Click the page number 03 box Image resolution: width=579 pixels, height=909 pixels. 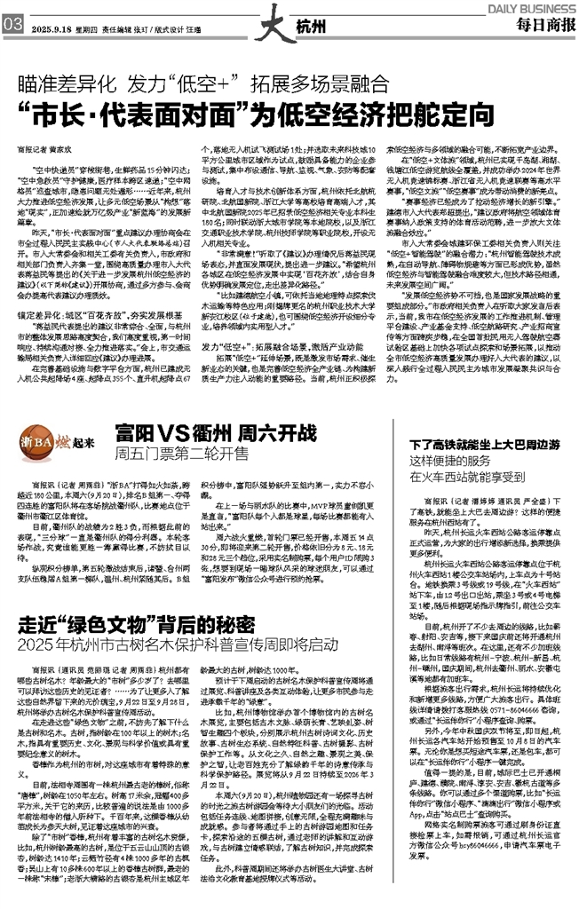(12, 24)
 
